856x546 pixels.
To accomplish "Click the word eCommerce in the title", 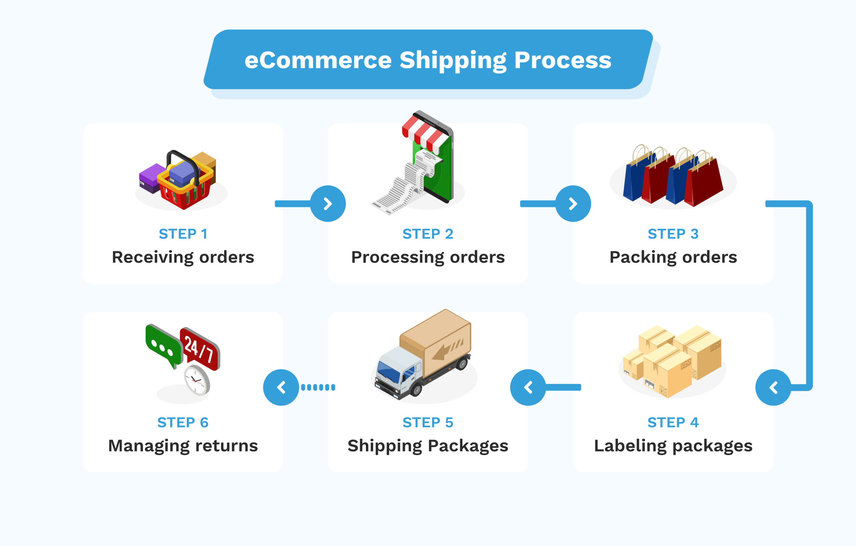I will coord(318,60).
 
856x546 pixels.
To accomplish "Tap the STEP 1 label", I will coord(183,234).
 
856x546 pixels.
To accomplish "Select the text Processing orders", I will coord(428,257).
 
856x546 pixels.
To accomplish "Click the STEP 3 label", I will coord(673,234).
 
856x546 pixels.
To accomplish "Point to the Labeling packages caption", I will coord(673,446).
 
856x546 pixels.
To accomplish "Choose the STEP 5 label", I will coord(428,423).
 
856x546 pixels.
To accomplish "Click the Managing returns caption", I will coord(183,446).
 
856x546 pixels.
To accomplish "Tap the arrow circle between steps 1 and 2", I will coord(328,203).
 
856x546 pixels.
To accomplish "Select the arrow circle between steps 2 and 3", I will coord(573,203).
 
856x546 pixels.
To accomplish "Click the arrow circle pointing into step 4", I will coord(773,387).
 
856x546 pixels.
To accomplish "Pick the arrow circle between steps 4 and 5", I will coord(528,387).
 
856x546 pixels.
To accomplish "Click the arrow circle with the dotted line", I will coord(281,387).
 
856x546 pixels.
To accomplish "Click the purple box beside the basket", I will coord(151,176).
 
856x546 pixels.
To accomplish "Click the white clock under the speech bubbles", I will coord(197,380).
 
